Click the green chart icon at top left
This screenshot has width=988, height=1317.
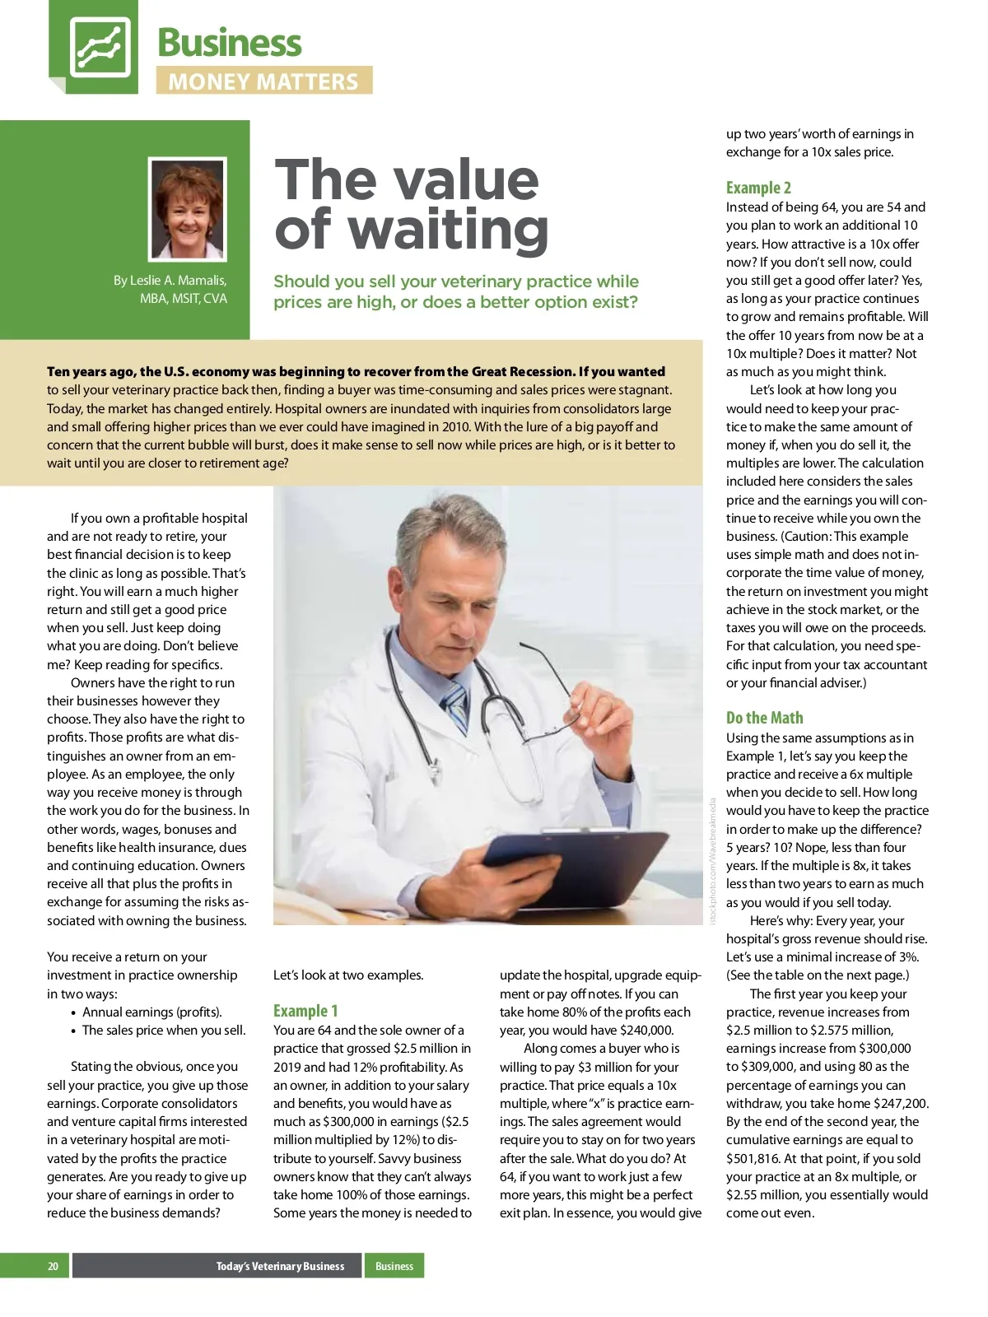99,46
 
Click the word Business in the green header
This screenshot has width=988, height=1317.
229,43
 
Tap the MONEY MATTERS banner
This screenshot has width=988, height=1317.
263,81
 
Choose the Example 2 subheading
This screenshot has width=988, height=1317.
758,188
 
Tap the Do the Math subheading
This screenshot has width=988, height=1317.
764,718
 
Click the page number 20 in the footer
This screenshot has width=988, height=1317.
53,1266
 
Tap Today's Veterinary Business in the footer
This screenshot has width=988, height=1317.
280,1266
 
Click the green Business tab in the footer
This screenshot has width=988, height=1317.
394,1266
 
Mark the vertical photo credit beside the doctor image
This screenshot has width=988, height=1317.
713,860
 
